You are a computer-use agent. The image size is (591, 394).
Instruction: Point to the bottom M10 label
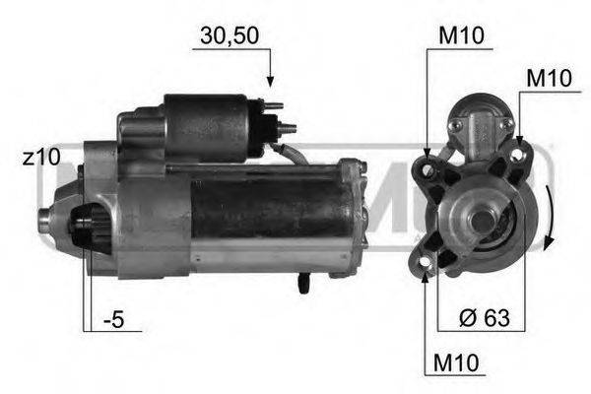[x=456, y=364]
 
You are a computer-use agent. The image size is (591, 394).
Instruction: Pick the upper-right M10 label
[x=547, y=77]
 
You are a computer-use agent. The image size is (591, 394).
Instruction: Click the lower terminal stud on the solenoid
[x=286, y=126]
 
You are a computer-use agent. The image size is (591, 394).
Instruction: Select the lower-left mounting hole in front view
[x=427, y=260]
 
